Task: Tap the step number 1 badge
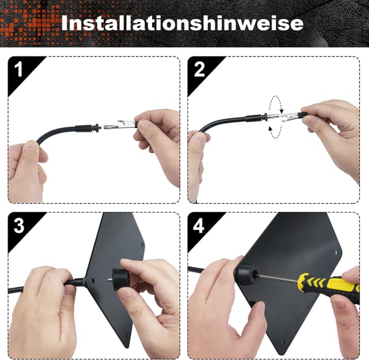[19, 71]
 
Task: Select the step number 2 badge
[199, 70]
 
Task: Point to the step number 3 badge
[19, 225]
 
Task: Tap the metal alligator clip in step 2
[291, 116]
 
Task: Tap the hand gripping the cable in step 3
[43, 294]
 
